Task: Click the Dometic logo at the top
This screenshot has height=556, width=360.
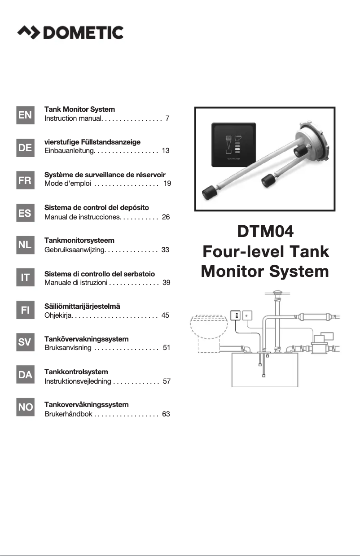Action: point(70,32)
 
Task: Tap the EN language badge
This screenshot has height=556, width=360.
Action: point(25,115)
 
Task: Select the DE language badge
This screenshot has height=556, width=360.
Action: point(25,148)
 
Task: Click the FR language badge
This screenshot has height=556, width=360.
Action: point(25,180)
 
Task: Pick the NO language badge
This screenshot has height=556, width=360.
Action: point(25,407)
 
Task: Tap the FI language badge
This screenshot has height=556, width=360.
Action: point(25,310)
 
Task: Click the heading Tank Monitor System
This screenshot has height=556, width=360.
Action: point(79,109)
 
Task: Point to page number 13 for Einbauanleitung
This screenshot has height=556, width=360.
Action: point(165,151)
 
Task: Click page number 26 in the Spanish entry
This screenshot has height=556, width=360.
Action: point(165,217)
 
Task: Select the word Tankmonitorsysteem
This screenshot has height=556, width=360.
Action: point(79,241)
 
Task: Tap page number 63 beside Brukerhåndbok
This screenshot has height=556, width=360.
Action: point(166,414)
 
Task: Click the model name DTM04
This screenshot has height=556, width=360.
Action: point(265,232)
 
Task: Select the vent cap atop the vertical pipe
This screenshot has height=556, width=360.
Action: point(277,294)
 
